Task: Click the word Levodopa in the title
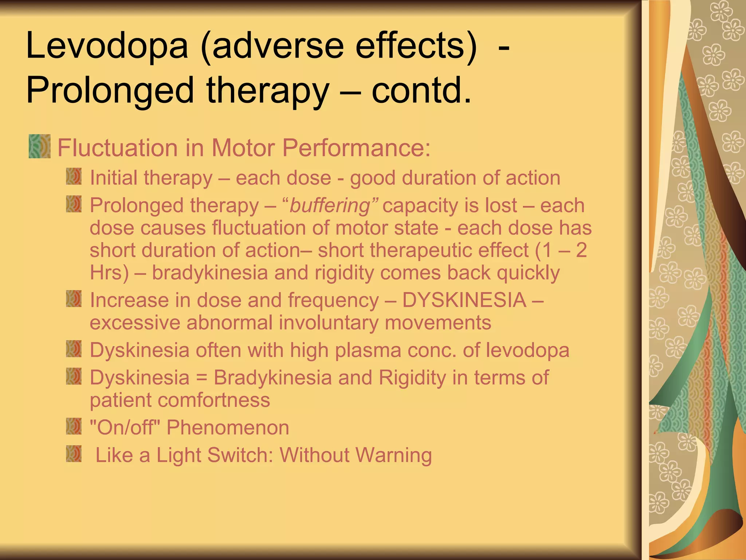pos(107,47)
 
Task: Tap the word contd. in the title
pos(421,90)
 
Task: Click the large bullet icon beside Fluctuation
pos(39,146)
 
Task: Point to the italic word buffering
pos(330,205)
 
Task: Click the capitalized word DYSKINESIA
pos(464,300)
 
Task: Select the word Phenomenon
pos(228,428)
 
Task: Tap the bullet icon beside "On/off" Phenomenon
pos(74,426)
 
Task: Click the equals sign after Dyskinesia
pos(201,378)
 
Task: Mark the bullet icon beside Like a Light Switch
pos(74,454)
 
